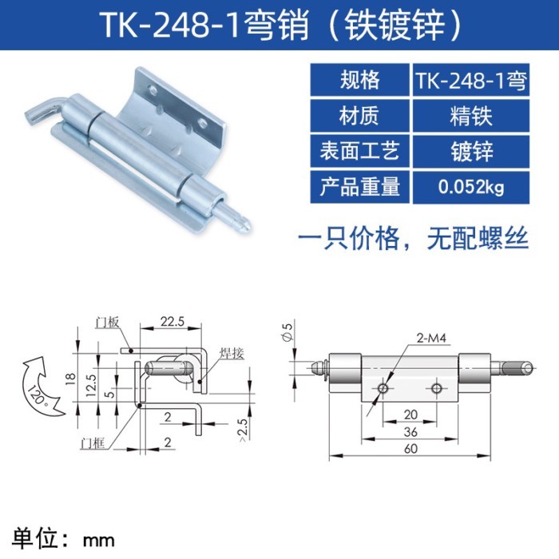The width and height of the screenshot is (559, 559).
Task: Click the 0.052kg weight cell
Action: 471,187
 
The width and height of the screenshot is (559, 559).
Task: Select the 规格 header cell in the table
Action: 359,80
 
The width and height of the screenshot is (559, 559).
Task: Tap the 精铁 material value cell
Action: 471,116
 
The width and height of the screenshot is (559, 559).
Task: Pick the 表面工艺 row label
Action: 359,151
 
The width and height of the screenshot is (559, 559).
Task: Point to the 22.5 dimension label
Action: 172,322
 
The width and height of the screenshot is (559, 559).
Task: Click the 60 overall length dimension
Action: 410,449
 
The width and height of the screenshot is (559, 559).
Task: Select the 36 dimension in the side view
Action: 410,432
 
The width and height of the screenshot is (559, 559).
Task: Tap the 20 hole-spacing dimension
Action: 410,414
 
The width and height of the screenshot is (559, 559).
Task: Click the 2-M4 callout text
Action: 431,338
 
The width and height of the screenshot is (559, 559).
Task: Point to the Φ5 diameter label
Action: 287,331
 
